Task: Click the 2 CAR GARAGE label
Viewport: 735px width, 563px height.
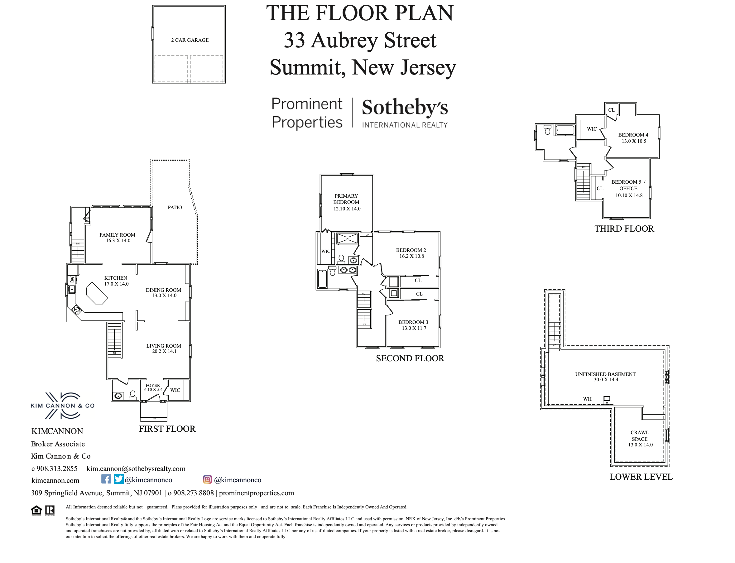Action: pos(190,40)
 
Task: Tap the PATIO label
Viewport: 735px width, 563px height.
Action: pos(175,207)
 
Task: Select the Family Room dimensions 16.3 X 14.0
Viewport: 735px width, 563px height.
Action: pos(118,241)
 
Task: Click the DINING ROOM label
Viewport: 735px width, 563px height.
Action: pos(163,290)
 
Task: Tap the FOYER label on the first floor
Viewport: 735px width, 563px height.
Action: pos(152,385)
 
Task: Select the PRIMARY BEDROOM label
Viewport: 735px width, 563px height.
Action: pos(346,199)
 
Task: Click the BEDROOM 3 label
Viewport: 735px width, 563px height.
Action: pos(413,322)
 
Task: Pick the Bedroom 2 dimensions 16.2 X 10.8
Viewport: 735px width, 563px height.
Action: pos(411,256)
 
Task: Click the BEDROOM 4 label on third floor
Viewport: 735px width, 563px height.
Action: pos(633,135)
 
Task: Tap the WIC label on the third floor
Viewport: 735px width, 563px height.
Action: pos(592,129)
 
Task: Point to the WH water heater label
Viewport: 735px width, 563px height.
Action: pos(587,399)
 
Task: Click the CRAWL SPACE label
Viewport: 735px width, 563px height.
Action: pos(640,436)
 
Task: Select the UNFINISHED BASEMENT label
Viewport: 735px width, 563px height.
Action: pos(605,374)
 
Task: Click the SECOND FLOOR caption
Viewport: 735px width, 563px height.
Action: pos(410,358)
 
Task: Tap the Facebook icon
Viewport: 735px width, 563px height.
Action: pos(106,479)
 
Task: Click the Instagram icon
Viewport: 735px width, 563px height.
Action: pos(207,479)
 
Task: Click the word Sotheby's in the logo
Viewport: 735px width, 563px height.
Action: pos(404,107)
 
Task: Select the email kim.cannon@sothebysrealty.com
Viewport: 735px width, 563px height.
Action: pos(136,469)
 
